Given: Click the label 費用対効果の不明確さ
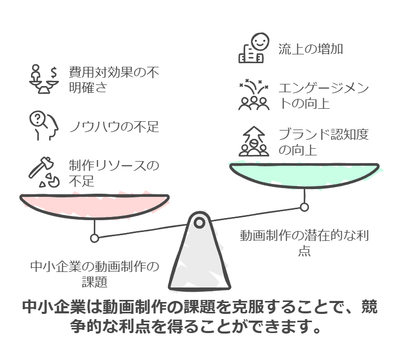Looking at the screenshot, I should [113, 79].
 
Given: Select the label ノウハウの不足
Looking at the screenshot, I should [114, 126].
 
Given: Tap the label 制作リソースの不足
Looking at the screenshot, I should [113, 173].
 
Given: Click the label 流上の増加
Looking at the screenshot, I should [310, 49].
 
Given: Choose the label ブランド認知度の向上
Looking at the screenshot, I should [323, 142].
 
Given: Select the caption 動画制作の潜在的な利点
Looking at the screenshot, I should [304, 243].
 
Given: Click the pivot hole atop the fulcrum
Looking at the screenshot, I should [199, 223].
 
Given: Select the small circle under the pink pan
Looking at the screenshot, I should [94, 238].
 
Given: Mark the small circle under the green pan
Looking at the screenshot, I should [305, 207].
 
